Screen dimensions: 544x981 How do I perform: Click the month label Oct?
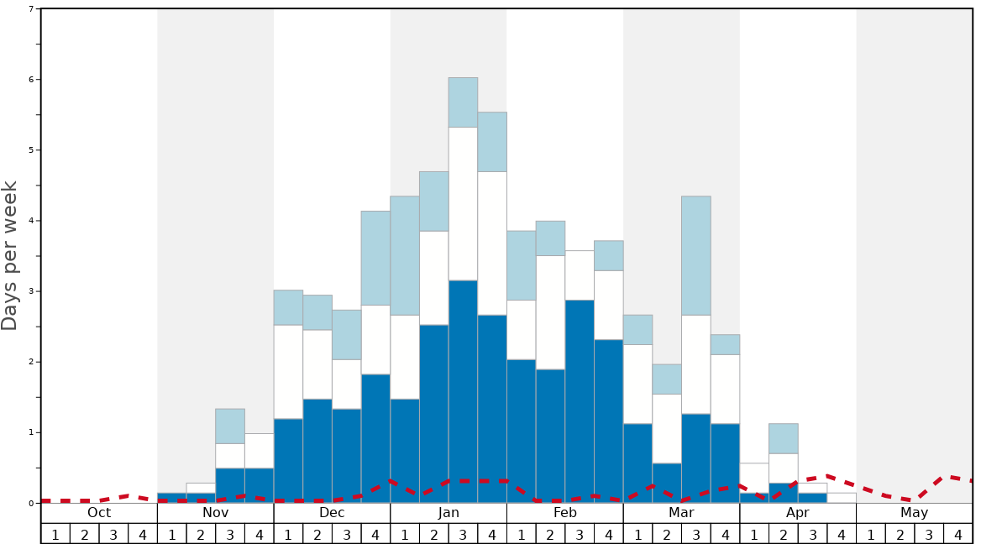[99, 513]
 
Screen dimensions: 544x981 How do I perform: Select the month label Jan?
[449, 513]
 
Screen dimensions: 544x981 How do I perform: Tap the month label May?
[915, 513]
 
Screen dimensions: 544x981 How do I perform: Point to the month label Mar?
[681, 513]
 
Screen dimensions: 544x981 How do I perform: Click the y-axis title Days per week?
[10, 256]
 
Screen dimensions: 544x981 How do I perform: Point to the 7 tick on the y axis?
[31, 9]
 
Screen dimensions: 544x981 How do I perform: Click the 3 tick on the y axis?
[31, 291]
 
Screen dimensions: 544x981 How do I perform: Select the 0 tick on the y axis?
[31, 503]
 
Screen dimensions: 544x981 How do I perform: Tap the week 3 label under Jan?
[463, 535]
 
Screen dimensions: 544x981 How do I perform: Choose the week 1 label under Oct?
[55, 535]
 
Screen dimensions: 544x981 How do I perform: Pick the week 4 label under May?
[958, 535]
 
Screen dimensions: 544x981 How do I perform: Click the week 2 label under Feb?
[550, 535]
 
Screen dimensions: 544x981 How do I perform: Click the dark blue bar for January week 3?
[463, 391]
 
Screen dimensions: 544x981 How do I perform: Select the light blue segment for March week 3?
[695, 255]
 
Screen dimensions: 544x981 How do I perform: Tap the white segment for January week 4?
[492, 243]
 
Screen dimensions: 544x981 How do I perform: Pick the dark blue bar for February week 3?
[580, 401]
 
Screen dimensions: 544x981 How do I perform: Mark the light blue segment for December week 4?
[375, 258]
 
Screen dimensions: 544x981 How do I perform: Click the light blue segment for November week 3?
[230, 426]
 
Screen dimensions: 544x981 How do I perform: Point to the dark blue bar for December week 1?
[288, 461]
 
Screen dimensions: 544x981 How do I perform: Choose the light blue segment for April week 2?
[783, 438]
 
